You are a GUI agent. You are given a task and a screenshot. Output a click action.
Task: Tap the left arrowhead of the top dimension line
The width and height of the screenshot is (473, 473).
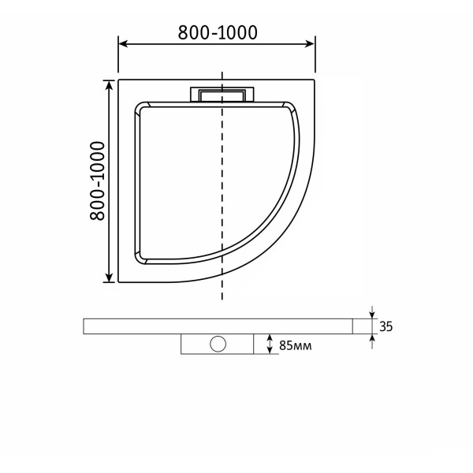pyautogui.click(x=122, y=45)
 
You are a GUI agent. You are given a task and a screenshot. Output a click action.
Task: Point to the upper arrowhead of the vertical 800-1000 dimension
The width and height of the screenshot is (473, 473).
pyautogui.click(x=107, y=83)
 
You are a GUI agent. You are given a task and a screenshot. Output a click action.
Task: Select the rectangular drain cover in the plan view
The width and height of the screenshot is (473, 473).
pyautogui.click(x=222, y=95)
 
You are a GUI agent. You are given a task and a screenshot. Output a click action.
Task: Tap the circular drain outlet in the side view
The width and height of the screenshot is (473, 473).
pyautogui.click(x=218, y=345)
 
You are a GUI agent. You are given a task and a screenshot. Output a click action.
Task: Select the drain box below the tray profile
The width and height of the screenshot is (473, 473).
pyautogui.click(x=218, y=345)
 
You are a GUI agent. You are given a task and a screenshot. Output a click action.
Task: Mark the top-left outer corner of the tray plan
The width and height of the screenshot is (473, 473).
pyautogui.click(x=118, y=79)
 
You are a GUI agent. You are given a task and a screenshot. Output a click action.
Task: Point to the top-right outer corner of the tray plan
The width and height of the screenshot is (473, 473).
pyautogui.click(x=315, y=79)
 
